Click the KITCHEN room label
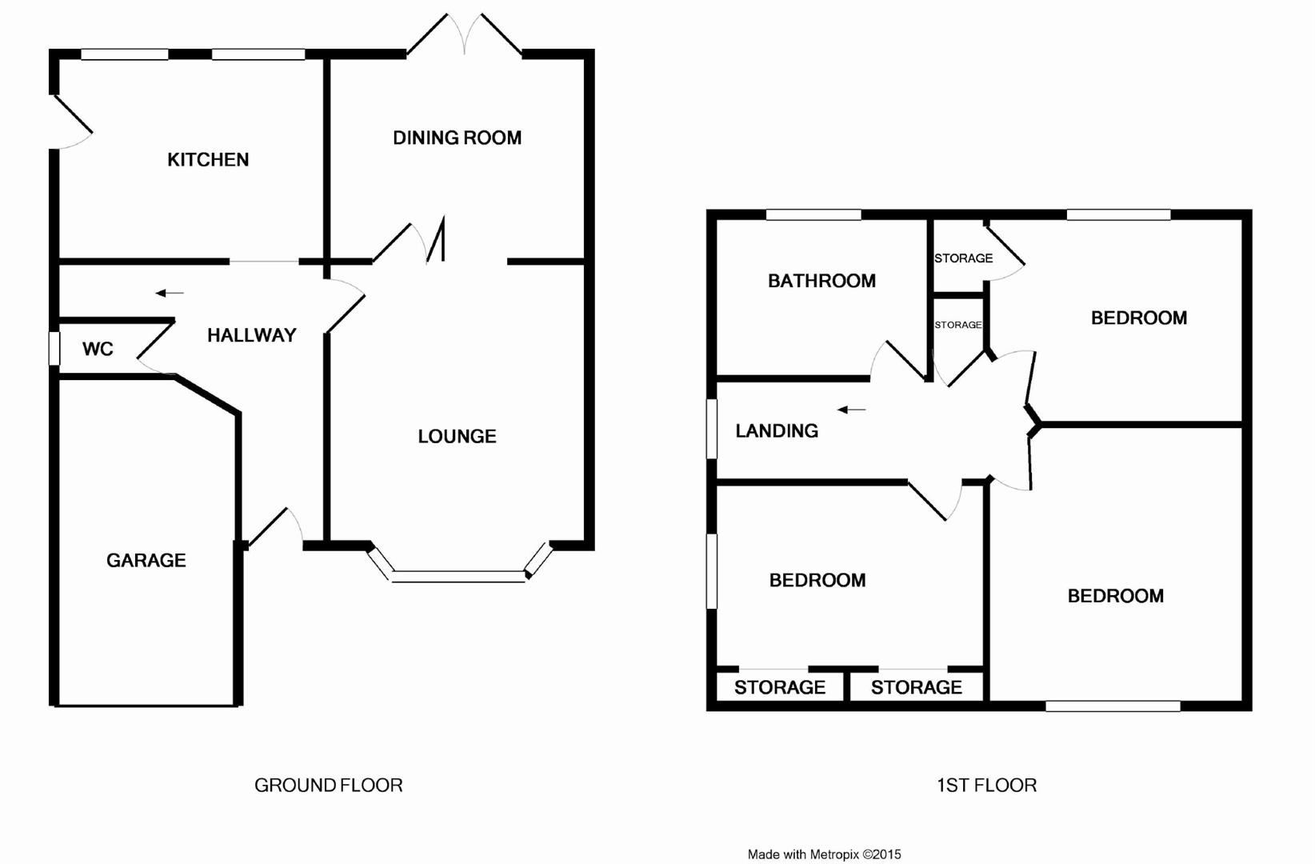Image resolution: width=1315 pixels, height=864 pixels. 208,160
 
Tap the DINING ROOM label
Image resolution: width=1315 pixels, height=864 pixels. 457,138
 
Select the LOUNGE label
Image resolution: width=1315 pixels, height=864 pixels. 457,436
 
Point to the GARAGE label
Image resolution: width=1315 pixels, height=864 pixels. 146,560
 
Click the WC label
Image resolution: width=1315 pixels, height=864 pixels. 98,349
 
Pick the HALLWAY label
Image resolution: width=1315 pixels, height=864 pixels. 251,335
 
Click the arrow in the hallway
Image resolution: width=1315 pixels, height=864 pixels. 170,294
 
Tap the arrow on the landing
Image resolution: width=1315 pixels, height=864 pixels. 851,410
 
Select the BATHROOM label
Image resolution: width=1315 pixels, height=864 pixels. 821,281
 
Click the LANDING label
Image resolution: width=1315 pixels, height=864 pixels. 777,431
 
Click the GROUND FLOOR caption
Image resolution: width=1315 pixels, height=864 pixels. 328,786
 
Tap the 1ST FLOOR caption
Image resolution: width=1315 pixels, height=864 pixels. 986,786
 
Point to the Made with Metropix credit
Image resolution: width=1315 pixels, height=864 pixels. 824,854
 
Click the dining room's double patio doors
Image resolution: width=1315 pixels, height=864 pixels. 465,36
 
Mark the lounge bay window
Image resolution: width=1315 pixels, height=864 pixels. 459,574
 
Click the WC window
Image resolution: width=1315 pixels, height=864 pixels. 54,349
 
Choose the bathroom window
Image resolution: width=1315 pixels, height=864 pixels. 813,214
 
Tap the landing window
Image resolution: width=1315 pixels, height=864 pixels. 712,430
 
